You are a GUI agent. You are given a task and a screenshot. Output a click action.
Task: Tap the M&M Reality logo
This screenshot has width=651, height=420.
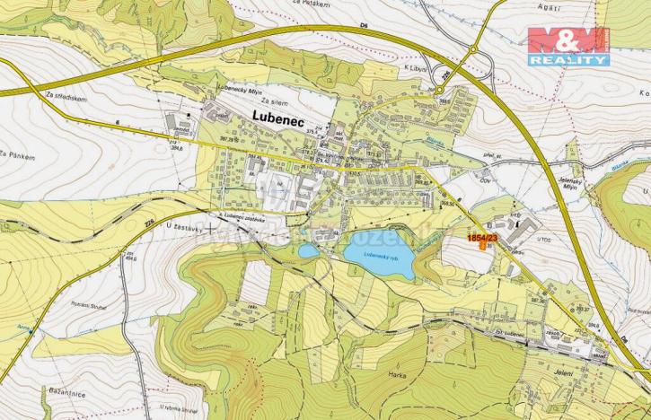click(x=568, y=46)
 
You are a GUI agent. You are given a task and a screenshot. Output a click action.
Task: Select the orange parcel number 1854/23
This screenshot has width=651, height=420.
click(x=481, y=237)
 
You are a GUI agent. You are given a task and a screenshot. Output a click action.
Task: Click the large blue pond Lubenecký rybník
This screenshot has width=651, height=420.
click(x=379, y=256)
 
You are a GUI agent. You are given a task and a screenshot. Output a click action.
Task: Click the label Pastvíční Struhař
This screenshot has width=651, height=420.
click(x=67, y=306)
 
